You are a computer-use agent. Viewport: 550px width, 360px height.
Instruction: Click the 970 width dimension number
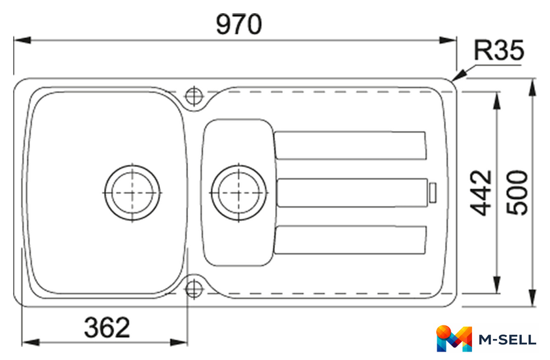coord(239,24)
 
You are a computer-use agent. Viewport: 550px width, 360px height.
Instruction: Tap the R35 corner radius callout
coord(498,50)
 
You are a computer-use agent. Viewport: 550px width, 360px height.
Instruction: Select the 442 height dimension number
coord(481,192)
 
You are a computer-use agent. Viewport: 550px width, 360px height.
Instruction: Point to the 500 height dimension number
coord(517,192)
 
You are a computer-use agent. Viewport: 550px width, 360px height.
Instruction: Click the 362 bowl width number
coord(107,327)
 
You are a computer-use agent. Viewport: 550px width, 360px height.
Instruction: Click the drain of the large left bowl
coord(132,192)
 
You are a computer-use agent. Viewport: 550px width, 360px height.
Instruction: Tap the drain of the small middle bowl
coord(239,192)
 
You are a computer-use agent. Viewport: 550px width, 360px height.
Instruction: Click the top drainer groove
coord(350,145)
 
